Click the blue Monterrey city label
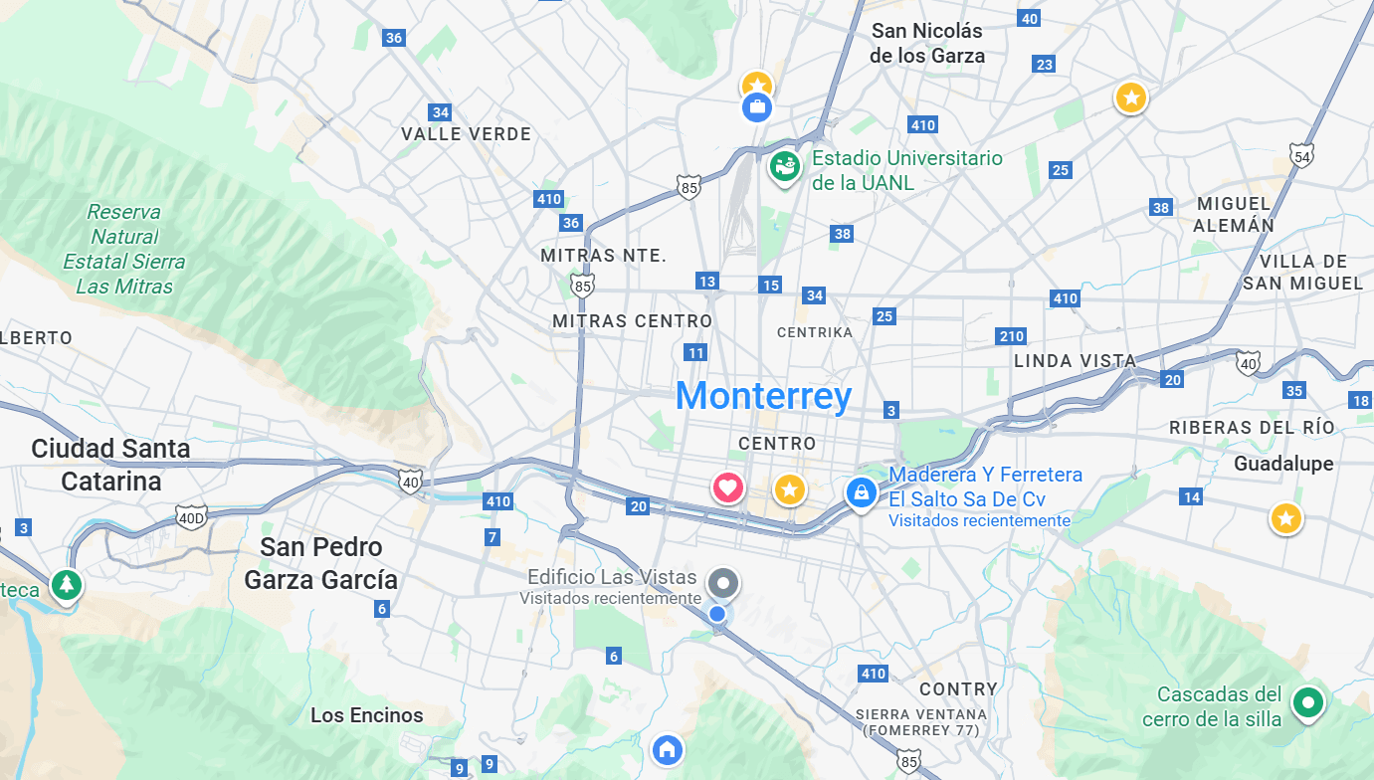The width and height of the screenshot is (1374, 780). (x=763, y=396)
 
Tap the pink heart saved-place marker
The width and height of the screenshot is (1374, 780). (x=728, y=487)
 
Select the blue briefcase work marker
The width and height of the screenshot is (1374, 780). (x=757, y=106)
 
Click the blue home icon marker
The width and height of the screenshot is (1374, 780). (x=667, y=748)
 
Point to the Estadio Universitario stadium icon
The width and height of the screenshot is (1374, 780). (x=785, y=166)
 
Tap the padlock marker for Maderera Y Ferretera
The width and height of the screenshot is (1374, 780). (x=861, y=491)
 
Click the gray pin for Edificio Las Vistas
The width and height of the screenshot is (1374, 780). (x=723, y=583)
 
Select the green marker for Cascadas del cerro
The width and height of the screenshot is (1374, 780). (x=1308, y=703)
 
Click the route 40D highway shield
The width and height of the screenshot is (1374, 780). (x=190, y=516)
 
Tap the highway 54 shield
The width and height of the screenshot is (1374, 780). (x=1300, y=155)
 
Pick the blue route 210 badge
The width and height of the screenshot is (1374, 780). (x=1011, y=336)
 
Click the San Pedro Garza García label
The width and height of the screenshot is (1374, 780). (x=321, y=563)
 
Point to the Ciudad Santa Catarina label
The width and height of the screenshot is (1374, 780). (x=110, y=465)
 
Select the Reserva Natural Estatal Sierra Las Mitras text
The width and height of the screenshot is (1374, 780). (x=124, y=249)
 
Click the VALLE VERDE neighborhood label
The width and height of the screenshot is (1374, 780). (x=466, y=134)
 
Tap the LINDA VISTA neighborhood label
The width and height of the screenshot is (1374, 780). (x=1075, y=361)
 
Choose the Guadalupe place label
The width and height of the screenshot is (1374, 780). (x=1283, y=464)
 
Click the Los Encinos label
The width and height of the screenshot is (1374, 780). (x=366, y=715)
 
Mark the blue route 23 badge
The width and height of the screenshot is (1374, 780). (x=1044, y=65)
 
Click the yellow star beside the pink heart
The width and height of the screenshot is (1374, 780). (x=789, y=489)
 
